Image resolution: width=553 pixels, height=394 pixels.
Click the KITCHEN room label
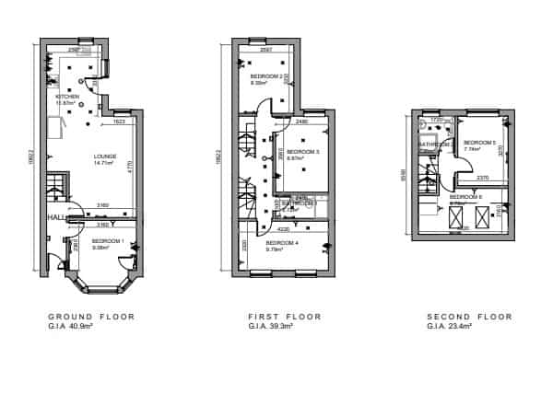click(x=67, y=97)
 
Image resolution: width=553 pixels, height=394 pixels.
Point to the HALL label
click(x=55, y=218)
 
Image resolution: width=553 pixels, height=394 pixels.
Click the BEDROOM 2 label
click(x=265, y=76)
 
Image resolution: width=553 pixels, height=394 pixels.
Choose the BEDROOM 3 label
click(x=303, y=152)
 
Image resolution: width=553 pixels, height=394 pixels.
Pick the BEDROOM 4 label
click(x=281, y=243)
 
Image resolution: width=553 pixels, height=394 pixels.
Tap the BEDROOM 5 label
click(x=480, y=143)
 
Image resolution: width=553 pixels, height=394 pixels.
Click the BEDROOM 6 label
click(x=465, y=197)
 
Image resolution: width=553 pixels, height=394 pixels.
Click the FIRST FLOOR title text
click(x=285, y=317)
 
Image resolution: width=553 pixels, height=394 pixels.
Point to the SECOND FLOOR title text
click(x=469, y=317)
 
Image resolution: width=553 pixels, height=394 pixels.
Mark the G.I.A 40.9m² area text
click(x=68, y=326)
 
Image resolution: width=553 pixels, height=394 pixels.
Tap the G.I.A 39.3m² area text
click(x=268, y=326)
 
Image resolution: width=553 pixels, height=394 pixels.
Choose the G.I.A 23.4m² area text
click(x=449, y=326)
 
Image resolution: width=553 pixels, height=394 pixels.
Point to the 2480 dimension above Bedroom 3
click(x=301, y=122)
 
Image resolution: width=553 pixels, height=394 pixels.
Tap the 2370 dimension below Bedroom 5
click(x=482, y=178)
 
